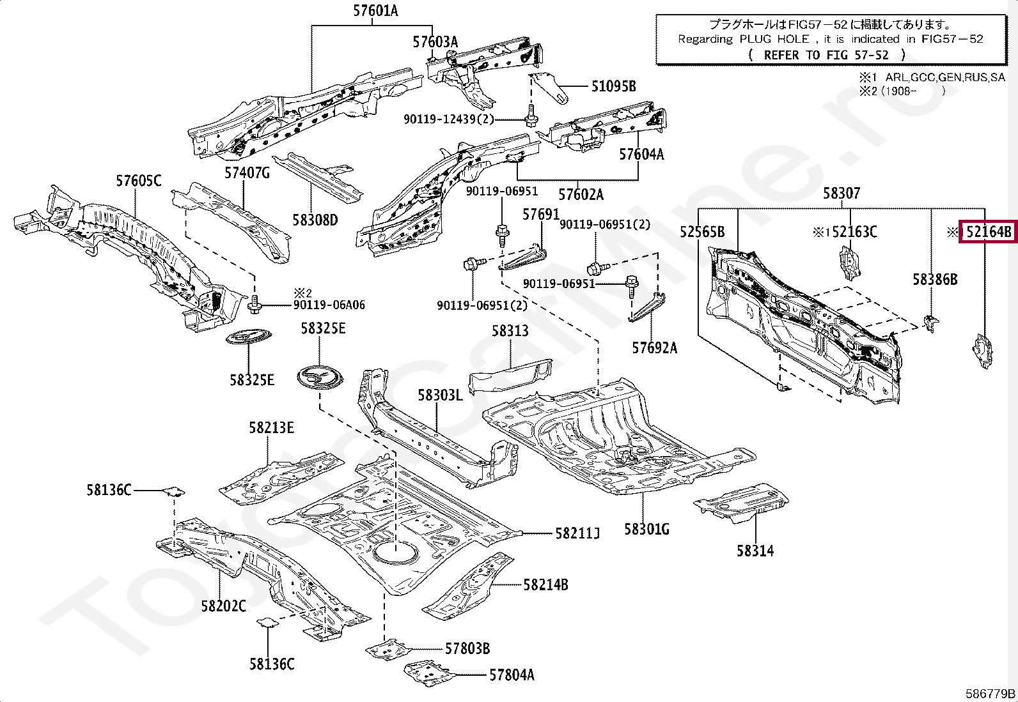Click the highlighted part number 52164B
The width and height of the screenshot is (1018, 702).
click(x=989, y=231)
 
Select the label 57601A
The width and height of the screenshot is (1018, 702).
click(x=375, y=11)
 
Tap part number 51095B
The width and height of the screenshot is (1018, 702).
click(x=613, y=86)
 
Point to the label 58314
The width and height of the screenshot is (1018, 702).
click(x=755, y=551)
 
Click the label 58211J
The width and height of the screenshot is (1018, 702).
click(x=577, y=533)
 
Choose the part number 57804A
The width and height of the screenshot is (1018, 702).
click(x=512, y=675)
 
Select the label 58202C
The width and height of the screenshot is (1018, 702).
click(x=223, y=606)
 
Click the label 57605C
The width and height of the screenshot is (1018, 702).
click(x=138, y=181)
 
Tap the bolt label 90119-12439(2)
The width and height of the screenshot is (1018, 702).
click(x=448, y=119)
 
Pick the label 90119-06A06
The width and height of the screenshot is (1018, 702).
click(x=329, y=305)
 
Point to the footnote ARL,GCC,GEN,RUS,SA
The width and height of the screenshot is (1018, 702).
click(x=944, y=77)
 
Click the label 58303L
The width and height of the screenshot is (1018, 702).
click(x=440, y=395)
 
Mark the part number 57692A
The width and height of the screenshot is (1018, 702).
click(x=654, y=347)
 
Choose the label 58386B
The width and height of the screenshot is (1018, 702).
click(x=934, y=279)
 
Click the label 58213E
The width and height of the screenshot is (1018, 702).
click(x=271, y=427)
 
